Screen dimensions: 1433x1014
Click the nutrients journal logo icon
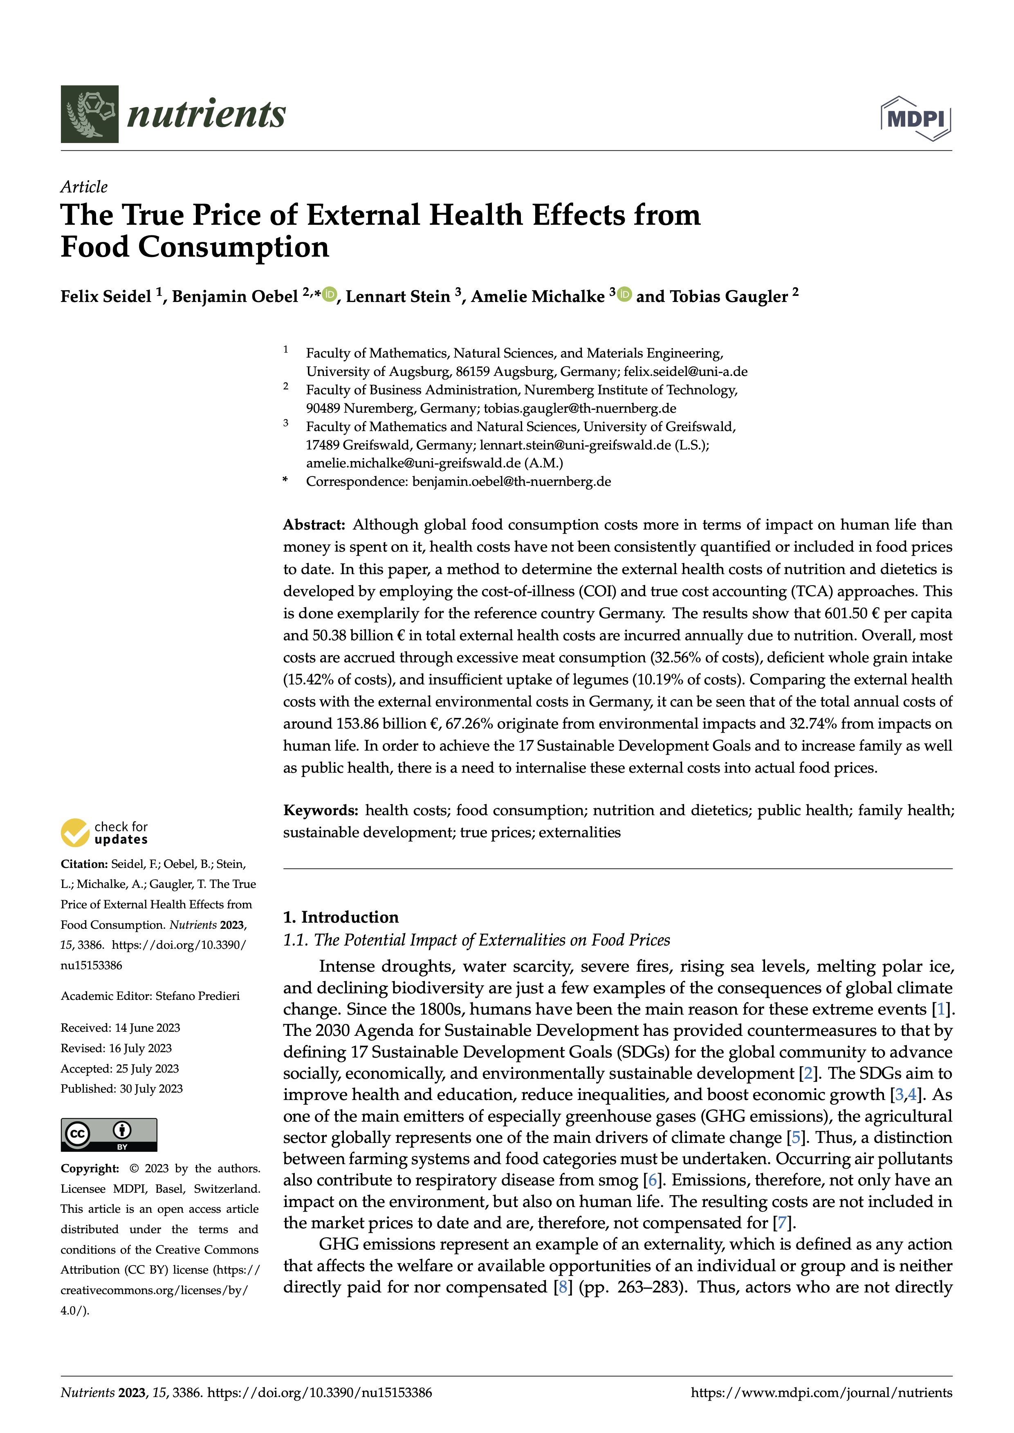[x=89, y=114]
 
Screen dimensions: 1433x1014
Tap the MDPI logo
[x=915, y=118]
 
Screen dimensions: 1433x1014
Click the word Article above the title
[x=84, y=187]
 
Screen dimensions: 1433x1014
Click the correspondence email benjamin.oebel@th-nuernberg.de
[x=511, y=482]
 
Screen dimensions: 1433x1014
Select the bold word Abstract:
[x=314, y=525]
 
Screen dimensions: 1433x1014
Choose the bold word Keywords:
[x=320, y=810]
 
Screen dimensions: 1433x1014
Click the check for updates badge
[x=104, y=833]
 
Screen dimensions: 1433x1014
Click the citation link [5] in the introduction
[x=796, y=1138]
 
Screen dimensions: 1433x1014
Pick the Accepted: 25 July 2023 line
[x=119, y=1069]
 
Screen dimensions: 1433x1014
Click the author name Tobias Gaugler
[x=729, y=297]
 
